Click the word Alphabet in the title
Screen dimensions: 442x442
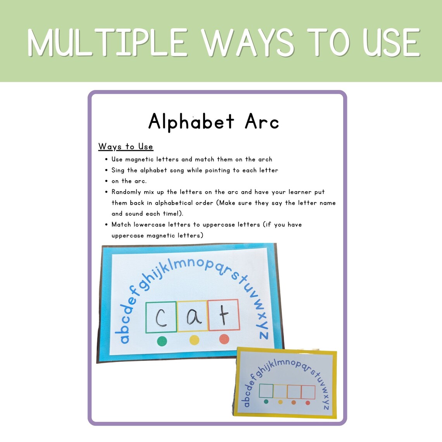(192, 122)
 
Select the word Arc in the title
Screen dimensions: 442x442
(262, 122)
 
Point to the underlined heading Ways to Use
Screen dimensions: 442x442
(126, 147)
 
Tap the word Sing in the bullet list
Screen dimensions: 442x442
(118, 170)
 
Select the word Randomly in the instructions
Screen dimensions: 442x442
(126, 192)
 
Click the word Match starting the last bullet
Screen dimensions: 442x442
(121, 224)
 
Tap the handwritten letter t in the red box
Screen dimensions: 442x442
(224, 315)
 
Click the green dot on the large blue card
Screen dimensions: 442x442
(162, 341)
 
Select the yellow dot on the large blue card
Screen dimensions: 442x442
(194, 340)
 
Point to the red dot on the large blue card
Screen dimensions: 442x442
(224, 339)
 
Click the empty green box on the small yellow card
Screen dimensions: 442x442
(266, 391)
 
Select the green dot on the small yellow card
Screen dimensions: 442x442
(266, 401)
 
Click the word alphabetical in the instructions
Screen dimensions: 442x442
(174, 203)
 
